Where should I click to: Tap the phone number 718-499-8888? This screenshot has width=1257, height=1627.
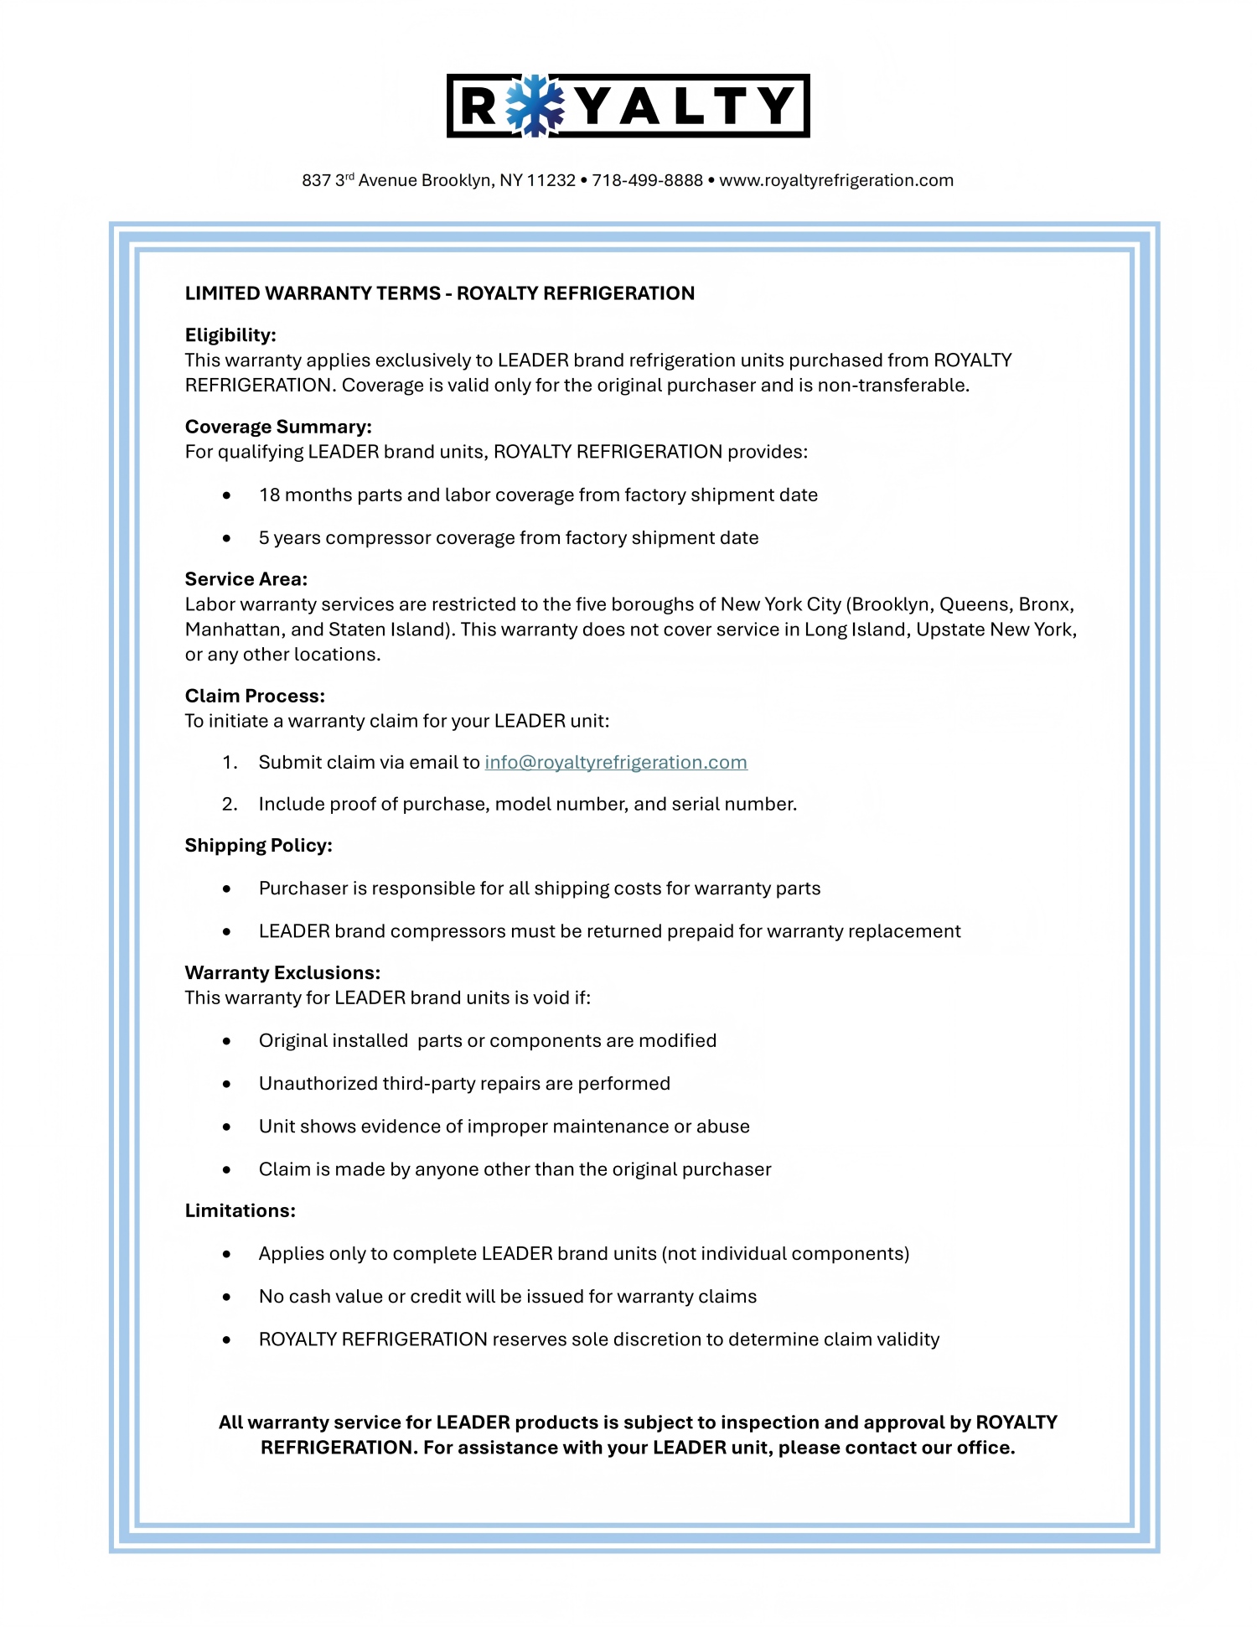pos(647,180)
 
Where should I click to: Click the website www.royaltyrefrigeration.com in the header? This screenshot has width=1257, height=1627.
pos(836,180)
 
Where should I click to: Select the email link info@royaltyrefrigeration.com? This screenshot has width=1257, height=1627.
pos(616,763)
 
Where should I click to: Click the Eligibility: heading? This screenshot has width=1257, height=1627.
pos(230,335)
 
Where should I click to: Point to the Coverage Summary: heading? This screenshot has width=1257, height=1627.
pos(278,427)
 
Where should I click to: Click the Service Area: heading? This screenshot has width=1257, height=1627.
pos(246,579)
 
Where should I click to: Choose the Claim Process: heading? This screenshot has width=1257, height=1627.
pos(255,696)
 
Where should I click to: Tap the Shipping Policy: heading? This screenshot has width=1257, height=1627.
pos(258,845)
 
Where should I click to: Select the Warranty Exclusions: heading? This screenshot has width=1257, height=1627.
pos(282,972)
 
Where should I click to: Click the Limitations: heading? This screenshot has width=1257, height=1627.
pos(240,1210)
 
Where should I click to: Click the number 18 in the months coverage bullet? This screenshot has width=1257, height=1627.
pos(269,495)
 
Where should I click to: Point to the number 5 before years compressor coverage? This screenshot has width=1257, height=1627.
pos(264,537)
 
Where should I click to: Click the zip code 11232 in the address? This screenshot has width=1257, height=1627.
pos(551,180)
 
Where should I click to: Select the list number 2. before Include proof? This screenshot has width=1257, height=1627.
pos(230,805)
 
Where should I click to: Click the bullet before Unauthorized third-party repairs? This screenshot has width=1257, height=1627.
pos(226,1084)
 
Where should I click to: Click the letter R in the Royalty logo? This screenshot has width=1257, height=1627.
pos(479,106)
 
